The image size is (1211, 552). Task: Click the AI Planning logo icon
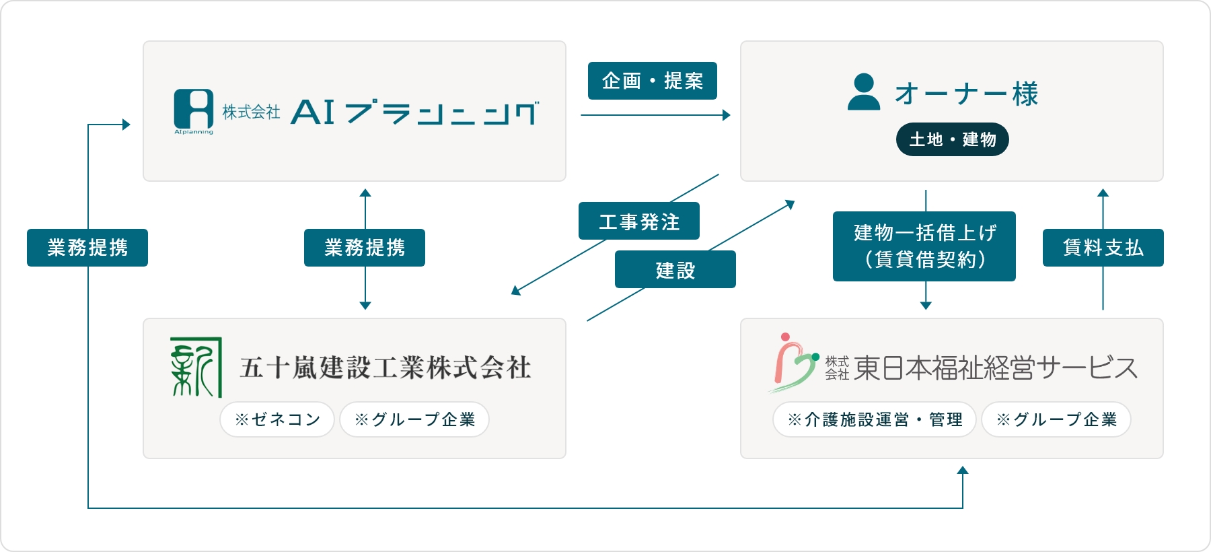[x=194, y=110]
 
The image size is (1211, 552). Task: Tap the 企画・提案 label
[x=653, y=81]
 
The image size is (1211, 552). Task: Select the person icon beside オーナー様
[x=864, y=92]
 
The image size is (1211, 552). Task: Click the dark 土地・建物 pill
[x=952, y=139]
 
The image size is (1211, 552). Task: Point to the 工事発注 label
[x=639, y=221]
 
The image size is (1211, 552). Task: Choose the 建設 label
[x=675, y=269]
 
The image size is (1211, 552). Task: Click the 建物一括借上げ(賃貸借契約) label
[x=924, y=246]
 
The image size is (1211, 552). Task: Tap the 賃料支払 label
[x=1103, y=248]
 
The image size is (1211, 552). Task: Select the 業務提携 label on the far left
[x=87, y=248]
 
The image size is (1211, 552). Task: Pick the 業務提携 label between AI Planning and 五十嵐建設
[x=365, y=248]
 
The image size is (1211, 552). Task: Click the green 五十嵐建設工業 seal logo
[x=196, y=368]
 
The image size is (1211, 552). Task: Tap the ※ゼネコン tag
[x=277, y=419]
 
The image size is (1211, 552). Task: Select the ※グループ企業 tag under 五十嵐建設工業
[x=414, y=419]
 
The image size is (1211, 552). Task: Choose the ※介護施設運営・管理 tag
[x=875, y=419]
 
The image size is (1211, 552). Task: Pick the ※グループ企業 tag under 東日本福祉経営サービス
[x=1056, y=419]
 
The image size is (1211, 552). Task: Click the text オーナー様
[x=966, y=94]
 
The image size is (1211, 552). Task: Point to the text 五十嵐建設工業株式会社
[x=386, y=368]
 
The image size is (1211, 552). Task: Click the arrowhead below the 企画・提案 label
[x=727, y=115]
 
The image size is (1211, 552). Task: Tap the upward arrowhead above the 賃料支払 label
[x=1103, y=193]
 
